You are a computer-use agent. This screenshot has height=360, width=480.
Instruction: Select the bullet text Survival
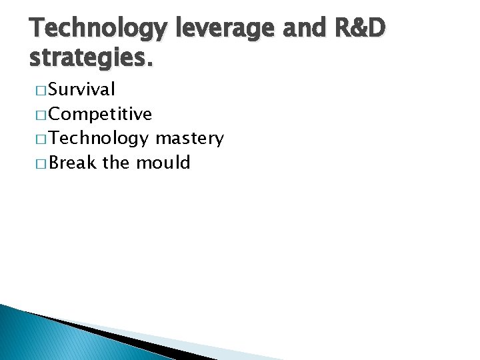click(x=82, y=89)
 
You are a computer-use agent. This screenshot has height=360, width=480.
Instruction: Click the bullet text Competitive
click(x=101, y=114)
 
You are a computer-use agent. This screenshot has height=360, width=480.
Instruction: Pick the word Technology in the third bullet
click(x=99, y=139)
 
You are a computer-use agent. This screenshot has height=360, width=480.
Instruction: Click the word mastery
click(x=189, y=139)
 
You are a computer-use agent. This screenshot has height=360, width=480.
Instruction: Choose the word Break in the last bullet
click(x=73, y=163)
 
